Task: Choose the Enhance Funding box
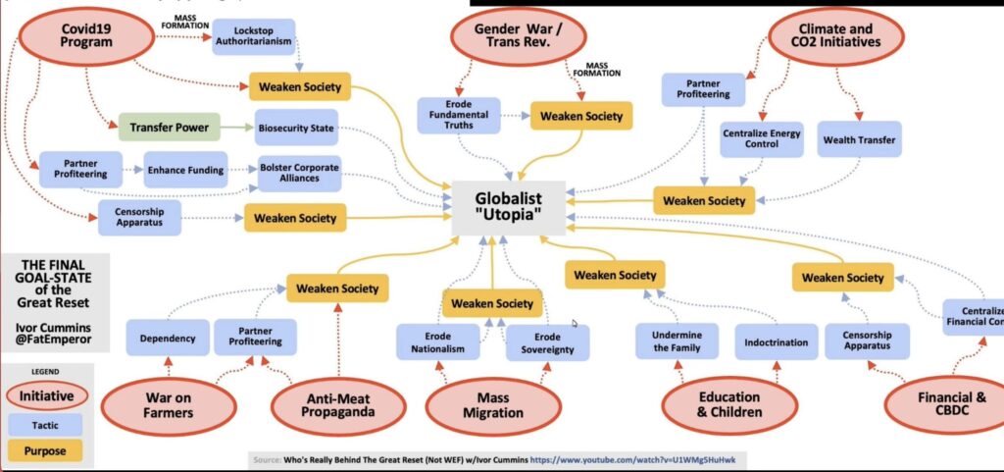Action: (185, 170)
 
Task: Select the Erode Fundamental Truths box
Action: (459, 116)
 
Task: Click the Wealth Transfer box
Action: (857, 139)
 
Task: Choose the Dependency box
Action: (167, 339)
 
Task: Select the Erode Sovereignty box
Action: (547, 342)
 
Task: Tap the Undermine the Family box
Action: (677, 341)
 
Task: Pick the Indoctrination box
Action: (775, 342)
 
